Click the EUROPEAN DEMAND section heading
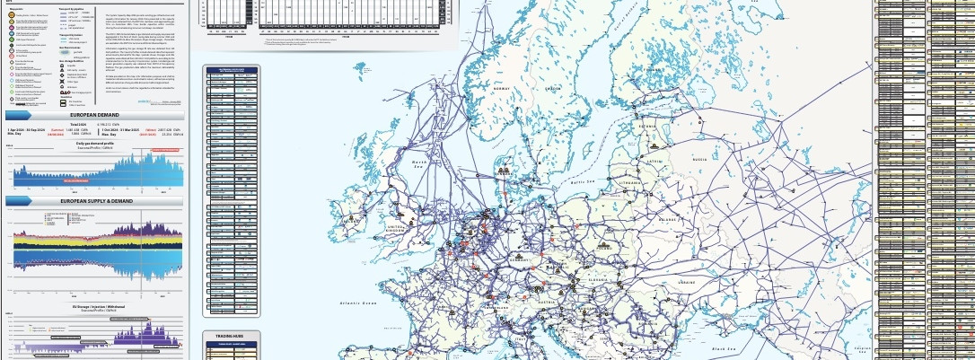95,116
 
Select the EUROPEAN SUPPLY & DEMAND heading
95,201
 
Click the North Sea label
418,161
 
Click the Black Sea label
724,348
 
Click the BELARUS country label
665,218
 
